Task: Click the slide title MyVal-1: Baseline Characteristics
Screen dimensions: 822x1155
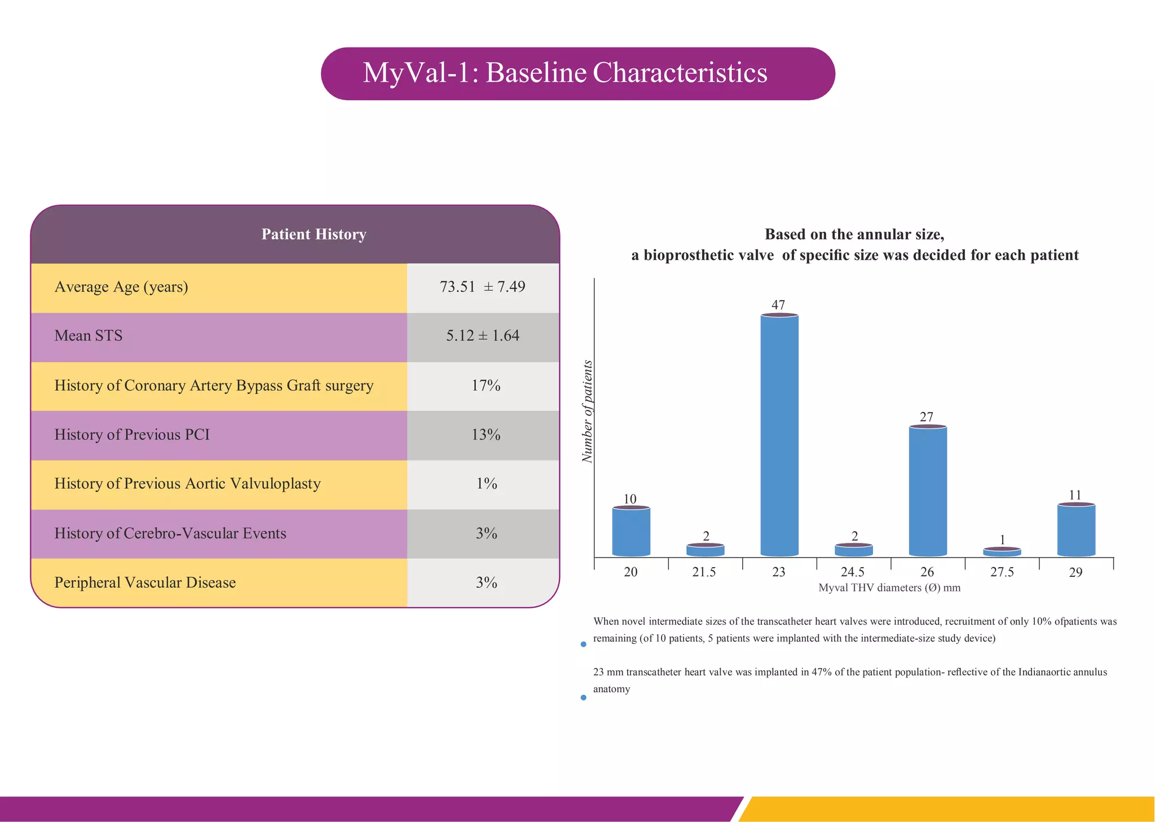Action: (565, 73)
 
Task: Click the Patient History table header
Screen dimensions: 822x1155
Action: (314, 235)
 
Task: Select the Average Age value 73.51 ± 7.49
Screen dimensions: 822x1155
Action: (483, 287)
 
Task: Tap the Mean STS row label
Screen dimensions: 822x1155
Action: (89, 336)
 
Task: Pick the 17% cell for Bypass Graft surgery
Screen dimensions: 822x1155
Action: (486, 386)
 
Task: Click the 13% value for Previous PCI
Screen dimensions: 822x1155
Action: (486, 435)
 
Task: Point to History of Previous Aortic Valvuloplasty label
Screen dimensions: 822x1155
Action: (187, 484)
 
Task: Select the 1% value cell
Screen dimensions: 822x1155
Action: (486, 484)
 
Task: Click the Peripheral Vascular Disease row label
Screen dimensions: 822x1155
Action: (145, 582)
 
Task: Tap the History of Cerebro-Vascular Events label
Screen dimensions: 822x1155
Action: (170, 533)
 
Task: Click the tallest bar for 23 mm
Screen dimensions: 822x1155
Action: (779, 434)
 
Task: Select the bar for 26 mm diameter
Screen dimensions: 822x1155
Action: (928, 490)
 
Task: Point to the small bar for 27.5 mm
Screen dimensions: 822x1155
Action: (1002, 552)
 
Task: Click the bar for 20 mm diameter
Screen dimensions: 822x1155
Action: (631, 531)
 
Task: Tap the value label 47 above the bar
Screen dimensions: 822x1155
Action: (778, 305)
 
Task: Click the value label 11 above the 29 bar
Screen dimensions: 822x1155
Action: (1075, 495)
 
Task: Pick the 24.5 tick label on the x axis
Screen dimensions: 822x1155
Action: (853, 572)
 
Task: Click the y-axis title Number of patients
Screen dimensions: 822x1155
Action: (587, 412)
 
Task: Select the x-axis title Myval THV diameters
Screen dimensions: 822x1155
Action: (889, 588)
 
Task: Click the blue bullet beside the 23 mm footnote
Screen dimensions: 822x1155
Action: (583, 697)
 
